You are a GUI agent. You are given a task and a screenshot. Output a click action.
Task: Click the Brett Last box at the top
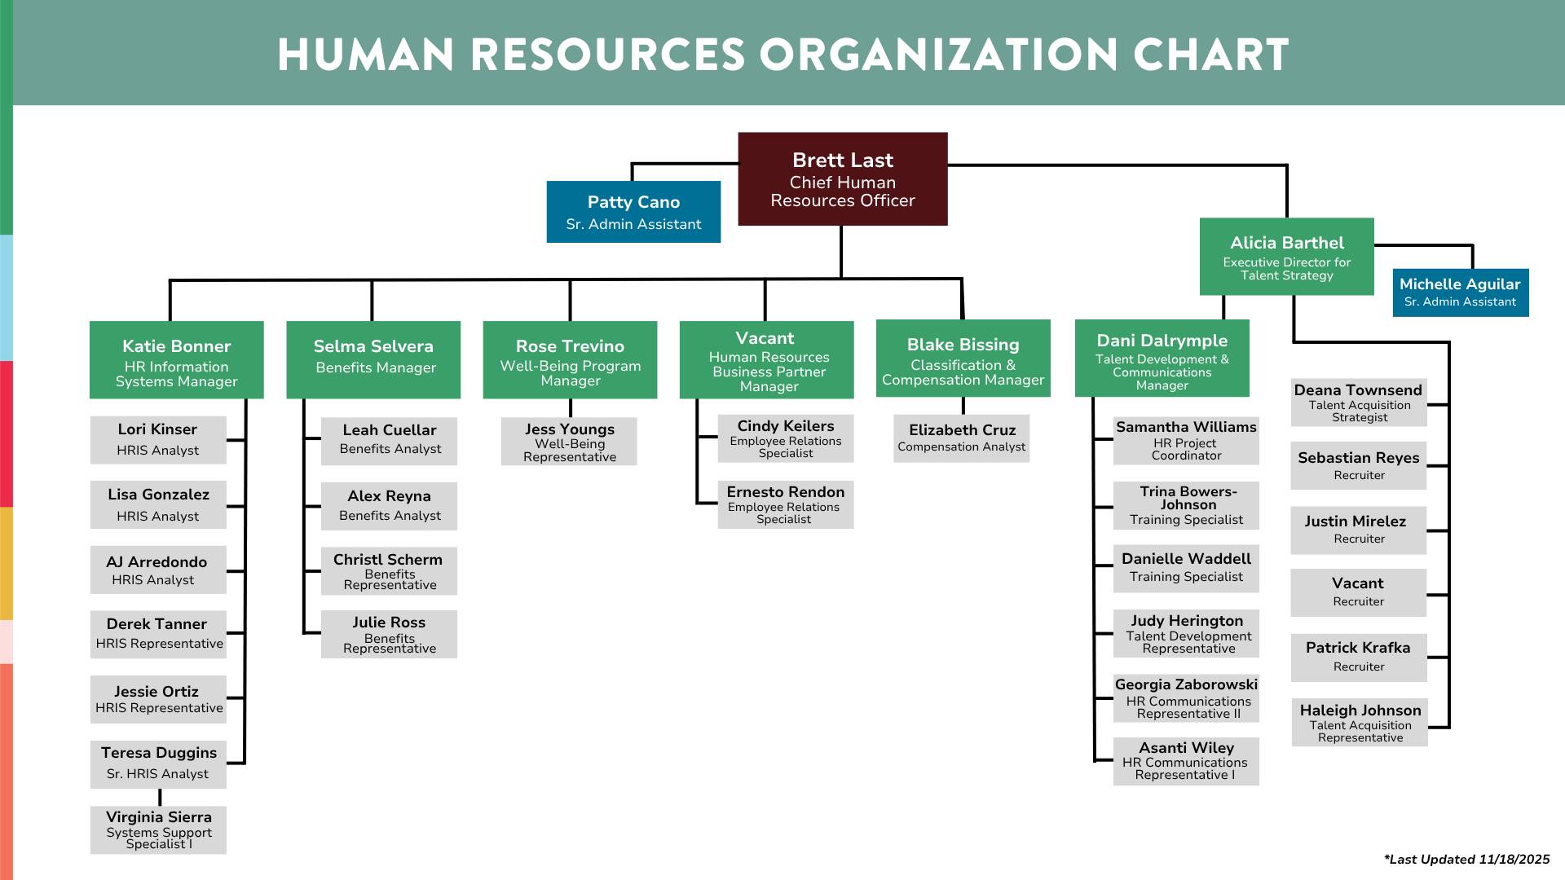pyautogui.click(x=842, y=178)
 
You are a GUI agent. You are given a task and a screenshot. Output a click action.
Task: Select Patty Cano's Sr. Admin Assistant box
pyautogui.click(x=633, y=212)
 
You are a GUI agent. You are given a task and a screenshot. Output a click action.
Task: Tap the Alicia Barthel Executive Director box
pyautogui.click(x=1286, y=256)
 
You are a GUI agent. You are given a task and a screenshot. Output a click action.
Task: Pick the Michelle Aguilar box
pyautogui.click(x=1460, y=293)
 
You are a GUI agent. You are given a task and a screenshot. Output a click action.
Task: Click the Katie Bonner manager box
pyautogui.click(x=176, y=359)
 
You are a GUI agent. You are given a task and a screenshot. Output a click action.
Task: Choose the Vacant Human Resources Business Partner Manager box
pyautogui.click(x=766, y=359)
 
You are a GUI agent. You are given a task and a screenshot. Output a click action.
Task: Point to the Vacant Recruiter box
pyautogui.click(x=1358, y=592)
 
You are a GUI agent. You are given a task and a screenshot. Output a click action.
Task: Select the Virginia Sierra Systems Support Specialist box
pyautogui.click(x=158, y=829)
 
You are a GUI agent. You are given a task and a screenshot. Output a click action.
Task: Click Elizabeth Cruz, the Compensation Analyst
pyautogui.click(x=961, y=438)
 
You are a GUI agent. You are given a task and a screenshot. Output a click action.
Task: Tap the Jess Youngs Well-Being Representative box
pyautogui.click(x=569, y=442)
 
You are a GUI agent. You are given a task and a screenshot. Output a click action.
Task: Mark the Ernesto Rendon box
pyautogui.click(x=785, y=505)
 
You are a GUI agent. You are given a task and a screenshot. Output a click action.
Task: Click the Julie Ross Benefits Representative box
pyautogui.click(x=389, y=634)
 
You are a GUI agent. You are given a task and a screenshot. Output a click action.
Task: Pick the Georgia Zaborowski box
pyautogui.click(x=1186, y=698)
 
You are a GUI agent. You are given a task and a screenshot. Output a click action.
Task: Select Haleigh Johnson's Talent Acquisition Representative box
pyautogui.click(x=1360, y=722)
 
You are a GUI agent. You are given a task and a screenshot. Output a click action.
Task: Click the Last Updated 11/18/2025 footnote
pyautogui.click(x=1466, y=859)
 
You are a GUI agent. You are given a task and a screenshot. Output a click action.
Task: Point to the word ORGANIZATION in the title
pyautogui.click(x=938, y=55)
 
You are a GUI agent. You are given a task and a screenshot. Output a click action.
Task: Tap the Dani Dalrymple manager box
pyautogui.click(x=1162, y=359)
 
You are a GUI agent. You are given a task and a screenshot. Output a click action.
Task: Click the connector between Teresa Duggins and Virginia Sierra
pyautogui.click(x=160, y=797)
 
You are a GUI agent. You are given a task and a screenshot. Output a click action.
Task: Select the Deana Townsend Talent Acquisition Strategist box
pyautogui.click(x=1358, y=403)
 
